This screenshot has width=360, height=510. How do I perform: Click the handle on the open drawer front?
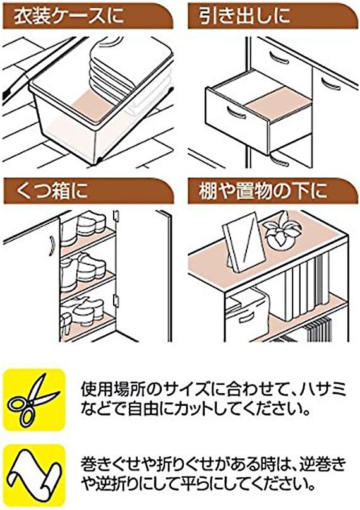tap(234, 114)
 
